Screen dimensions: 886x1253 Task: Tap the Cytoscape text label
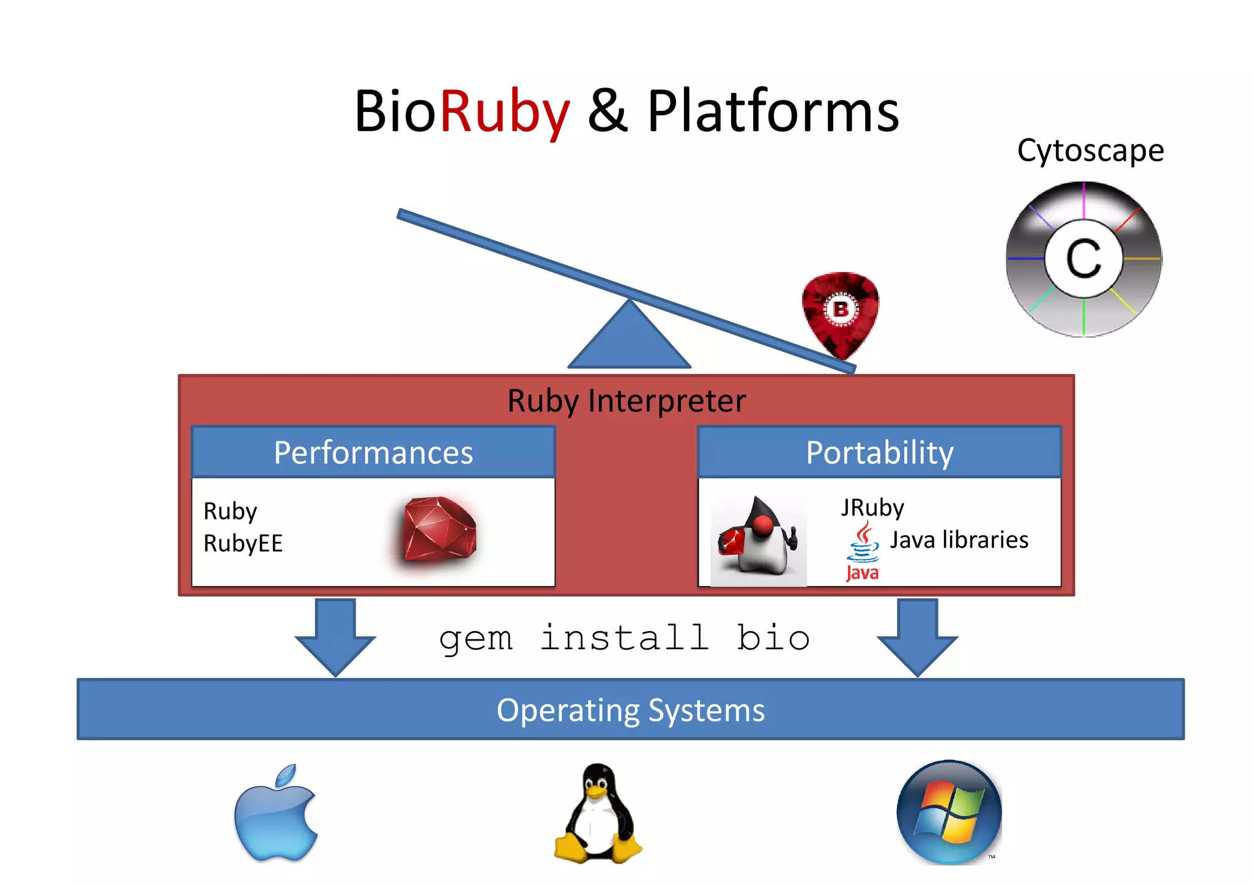pos(1090,151)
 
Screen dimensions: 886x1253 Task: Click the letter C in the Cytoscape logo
pos(1084,259)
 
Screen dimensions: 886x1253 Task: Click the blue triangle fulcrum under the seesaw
pos(629,339)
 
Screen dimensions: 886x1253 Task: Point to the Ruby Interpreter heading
pos(626,401)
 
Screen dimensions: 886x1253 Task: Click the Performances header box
pos(373,452)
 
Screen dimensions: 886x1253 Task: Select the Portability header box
pos(879,452)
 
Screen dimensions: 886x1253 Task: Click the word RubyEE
pos(243,543)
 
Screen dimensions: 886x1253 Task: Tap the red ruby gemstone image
pos(440,530)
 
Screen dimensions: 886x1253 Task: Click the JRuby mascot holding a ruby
pos(758,539)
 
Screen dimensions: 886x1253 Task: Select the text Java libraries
pos(958,540)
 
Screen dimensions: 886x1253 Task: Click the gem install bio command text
pos(625,638)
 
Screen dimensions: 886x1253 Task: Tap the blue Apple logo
pos(277,814)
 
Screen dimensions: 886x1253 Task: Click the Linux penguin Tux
pos(598,814)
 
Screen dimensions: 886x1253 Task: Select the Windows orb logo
pos(949,812)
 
